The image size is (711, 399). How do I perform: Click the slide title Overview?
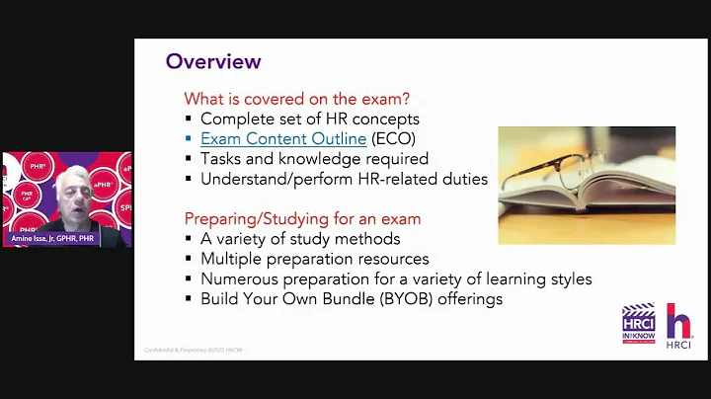pyautogui.click(x=212, y=61)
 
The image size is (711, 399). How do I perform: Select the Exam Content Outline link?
pyautogui.click(x=283, y=139)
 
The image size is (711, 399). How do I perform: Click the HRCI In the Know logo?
pyautogui.click(x=639, y=324)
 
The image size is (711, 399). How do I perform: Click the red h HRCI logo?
pyautogui.click(x=679, y=324)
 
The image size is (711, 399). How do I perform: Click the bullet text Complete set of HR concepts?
pyautogui.click(x=310, y=120)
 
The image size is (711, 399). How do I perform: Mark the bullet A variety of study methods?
pyautogui.click(x=300, y=239)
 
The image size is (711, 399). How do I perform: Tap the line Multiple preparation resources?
pyautogui.click(x=314, y=259)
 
